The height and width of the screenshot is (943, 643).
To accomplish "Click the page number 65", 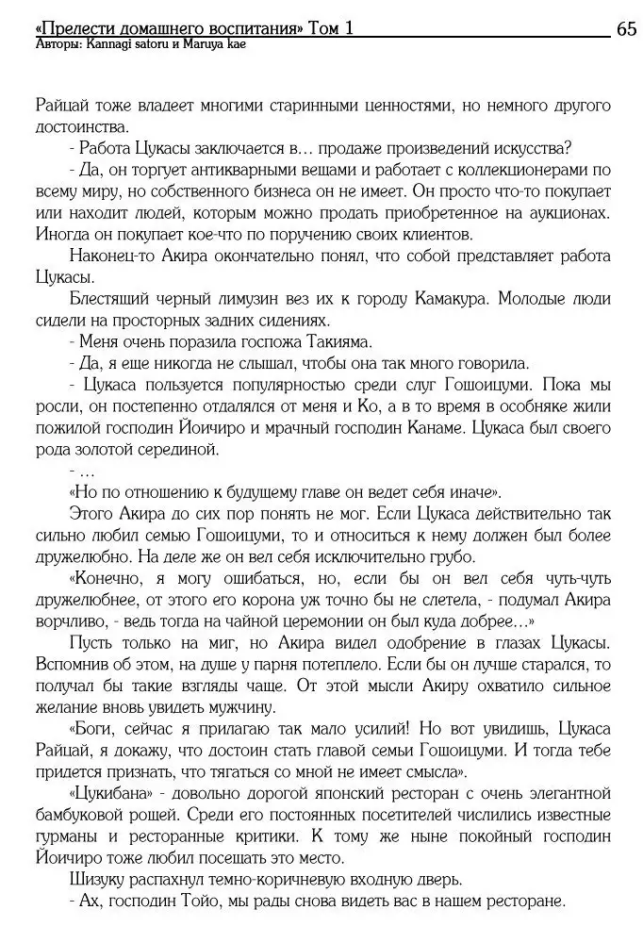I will (626, 29).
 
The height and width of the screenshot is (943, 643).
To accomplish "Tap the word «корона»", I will (341, 603).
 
